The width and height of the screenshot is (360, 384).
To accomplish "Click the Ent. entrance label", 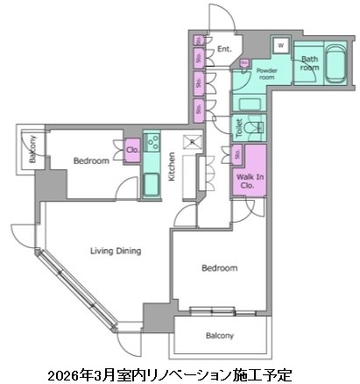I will [x=224, y=50].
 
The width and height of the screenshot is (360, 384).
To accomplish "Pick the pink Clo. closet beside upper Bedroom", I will [x=132, y=149].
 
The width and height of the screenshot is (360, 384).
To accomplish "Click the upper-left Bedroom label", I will [x=90, y=161].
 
